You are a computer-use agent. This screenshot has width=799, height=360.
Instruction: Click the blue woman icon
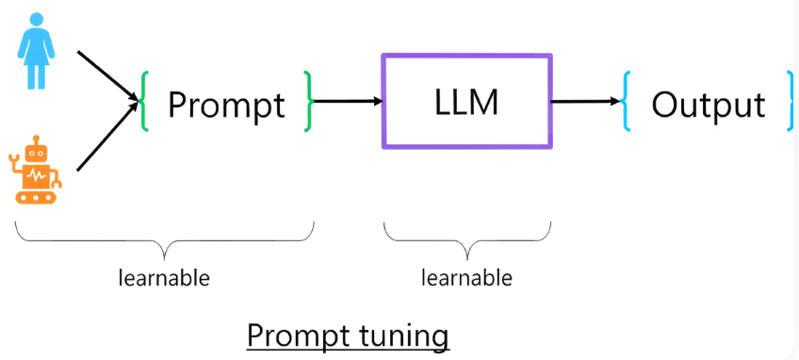pos(36,51)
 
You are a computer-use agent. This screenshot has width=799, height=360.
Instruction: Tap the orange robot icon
pos(35,170)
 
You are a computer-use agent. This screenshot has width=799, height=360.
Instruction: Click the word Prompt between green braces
pos(226,106)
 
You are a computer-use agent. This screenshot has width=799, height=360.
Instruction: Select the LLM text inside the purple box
pos(466,102)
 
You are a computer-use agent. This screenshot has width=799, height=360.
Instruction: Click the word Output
pos(709,105)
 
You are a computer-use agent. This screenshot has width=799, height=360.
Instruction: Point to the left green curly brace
pos(144,102)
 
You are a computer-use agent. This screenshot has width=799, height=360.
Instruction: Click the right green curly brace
pos(308,101)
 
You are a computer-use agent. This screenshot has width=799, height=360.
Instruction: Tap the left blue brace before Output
pos(626,102)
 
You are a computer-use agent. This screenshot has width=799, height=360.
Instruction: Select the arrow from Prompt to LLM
pos(348,101)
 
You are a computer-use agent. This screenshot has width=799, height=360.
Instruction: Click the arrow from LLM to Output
pos(586,102)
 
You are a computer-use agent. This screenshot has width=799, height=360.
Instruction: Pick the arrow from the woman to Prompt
pos(108,75)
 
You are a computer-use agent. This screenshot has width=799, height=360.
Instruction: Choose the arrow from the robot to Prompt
pos(108,136)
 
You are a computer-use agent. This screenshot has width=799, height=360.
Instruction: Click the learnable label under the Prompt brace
pos(164,278)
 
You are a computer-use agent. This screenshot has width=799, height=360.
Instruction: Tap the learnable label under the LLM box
pos(466,278)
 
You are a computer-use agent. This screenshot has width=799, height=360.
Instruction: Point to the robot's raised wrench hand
pos(14,162)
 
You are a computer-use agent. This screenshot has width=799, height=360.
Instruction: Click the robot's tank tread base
pos(35,197)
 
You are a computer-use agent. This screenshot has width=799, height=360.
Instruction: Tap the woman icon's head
pos(36,21)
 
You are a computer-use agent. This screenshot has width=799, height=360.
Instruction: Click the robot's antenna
pos(36,139)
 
